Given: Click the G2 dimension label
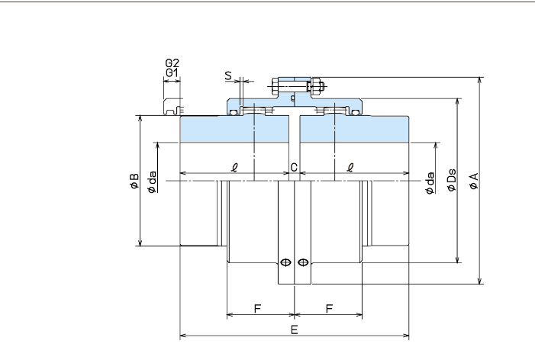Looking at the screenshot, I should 172,63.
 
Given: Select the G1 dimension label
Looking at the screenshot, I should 172,73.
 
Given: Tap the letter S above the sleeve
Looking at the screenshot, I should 228,76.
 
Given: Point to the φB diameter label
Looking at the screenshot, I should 134,181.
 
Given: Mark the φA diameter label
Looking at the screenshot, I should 473,181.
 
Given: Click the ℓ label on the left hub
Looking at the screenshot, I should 234,167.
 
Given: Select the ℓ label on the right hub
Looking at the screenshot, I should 350,167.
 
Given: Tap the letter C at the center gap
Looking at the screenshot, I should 293,167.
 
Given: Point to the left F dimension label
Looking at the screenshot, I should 257,309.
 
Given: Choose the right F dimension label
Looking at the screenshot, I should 329,309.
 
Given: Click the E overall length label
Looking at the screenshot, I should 295,329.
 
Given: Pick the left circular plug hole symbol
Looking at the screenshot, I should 285,262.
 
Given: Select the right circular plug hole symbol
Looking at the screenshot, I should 304,262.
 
